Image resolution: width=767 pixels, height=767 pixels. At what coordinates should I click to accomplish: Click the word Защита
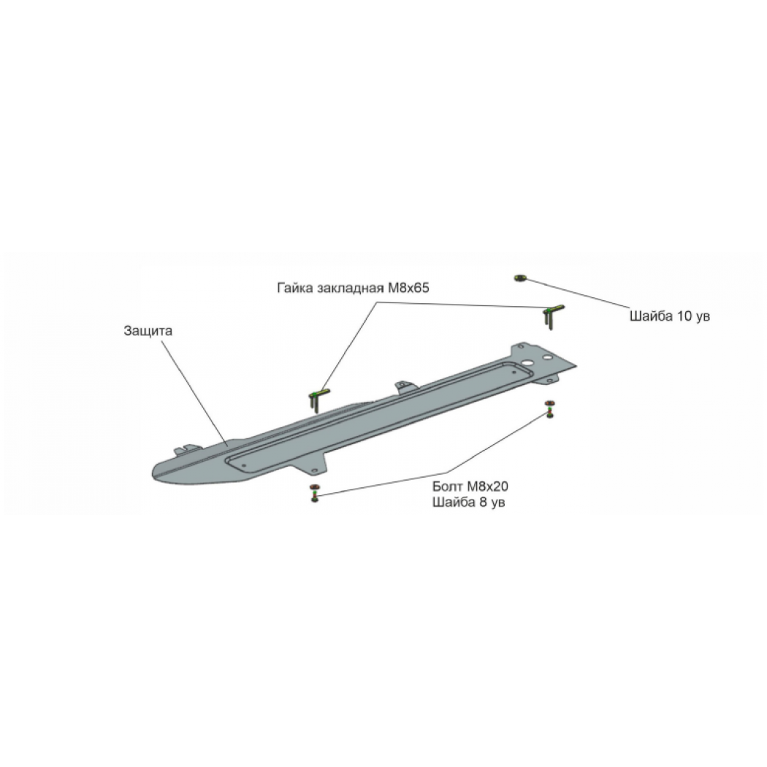[x=148, y=331]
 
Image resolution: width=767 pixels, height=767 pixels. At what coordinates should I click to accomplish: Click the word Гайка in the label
[x=295, y=288]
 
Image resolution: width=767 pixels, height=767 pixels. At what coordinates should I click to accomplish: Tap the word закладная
[x=350, y=288]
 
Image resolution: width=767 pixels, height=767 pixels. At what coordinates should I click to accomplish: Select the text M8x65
[x=408, y=288]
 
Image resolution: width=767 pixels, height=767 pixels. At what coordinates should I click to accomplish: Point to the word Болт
[x=448, y=486]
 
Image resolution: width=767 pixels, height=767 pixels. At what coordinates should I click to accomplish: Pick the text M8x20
[x=487, y=486]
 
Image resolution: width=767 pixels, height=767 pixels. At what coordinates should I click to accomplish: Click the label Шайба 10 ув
[x=669, y=316]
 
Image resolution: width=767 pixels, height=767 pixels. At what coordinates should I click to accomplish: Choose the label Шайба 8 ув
[x=469, y=503]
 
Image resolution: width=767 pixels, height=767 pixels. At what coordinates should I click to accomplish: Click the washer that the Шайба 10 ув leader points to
[x=519, y=278]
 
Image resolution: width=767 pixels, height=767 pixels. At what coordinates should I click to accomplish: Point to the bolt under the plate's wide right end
[x=550, y=409]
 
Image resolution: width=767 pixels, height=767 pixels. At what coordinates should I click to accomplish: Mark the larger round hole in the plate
[x=528, y=363]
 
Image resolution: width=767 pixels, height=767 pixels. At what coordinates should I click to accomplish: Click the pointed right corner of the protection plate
[x=576, y=365]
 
